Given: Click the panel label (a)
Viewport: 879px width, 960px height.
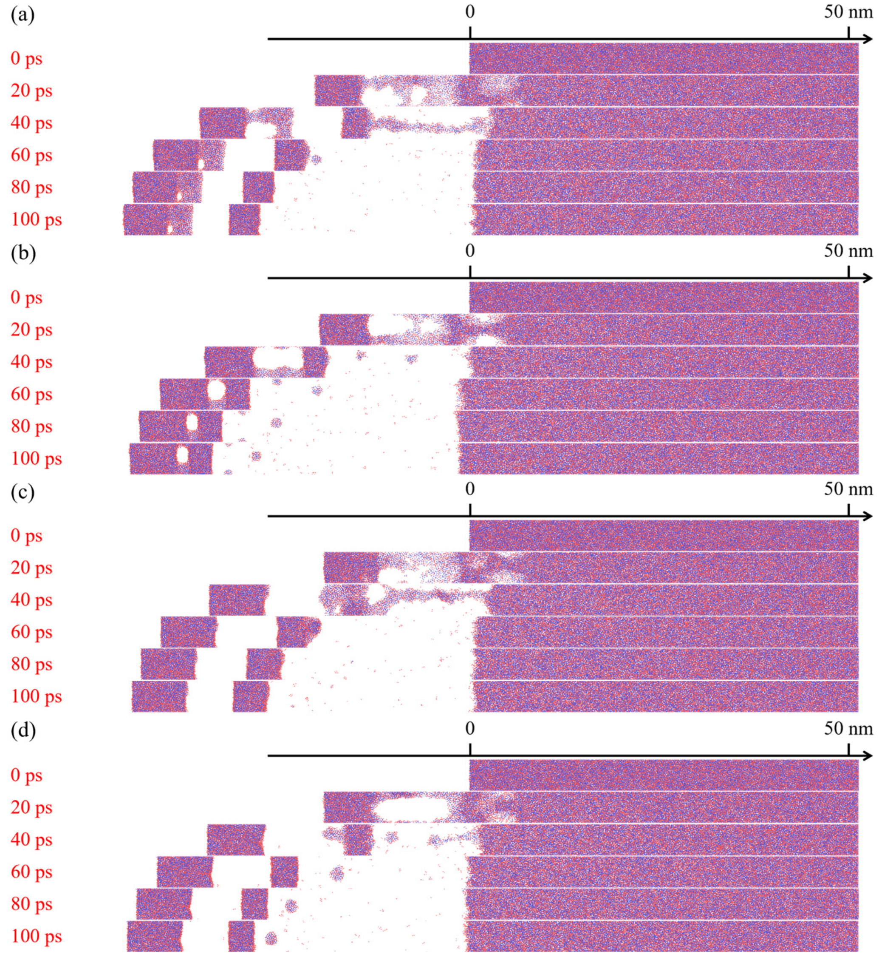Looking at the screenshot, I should (x=23, y=16).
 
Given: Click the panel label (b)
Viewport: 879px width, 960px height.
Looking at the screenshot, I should (x=23, y=253).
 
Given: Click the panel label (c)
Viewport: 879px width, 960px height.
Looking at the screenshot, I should (x=23, y=491).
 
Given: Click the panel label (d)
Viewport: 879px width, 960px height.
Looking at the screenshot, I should (x=23, y=730).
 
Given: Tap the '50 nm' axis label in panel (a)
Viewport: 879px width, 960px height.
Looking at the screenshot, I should (x=848, y=11).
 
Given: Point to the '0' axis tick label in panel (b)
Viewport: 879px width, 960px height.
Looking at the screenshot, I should (x=470, y=250).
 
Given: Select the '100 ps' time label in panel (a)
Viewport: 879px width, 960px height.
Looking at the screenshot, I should (x=36, y=220).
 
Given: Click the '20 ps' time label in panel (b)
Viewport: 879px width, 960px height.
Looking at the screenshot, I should (x=31, y=329).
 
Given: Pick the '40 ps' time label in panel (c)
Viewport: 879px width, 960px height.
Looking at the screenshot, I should (x=31, y=600).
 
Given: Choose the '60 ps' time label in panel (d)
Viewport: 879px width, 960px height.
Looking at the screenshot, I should (x=31, y=872).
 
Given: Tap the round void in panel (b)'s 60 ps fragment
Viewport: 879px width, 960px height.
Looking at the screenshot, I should (x=217, y=390).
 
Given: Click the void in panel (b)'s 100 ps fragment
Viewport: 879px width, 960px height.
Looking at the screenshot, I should (x=183, y=454).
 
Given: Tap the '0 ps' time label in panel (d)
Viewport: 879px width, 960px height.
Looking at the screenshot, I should (x=27, y=775).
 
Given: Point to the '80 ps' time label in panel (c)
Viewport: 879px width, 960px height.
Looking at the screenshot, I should (x=31, y=664).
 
